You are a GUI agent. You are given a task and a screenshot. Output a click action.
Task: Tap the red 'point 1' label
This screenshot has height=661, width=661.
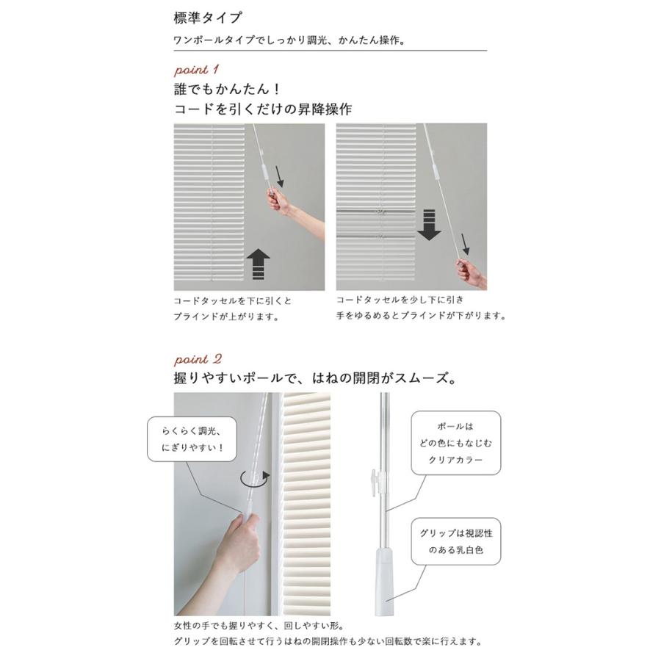pyautogui.click(x=196, y=71)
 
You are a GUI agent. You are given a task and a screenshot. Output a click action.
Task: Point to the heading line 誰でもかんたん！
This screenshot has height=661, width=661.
pyautogui.click(x=228, y=90)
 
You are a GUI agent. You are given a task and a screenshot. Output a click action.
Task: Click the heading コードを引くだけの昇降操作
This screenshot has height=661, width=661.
pyautogui.click(x=263, y=110)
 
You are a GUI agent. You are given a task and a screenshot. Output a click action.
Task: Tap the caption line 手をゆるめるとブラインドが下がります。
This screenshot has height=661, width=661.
pyautogui.click(x=422, y=316)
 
